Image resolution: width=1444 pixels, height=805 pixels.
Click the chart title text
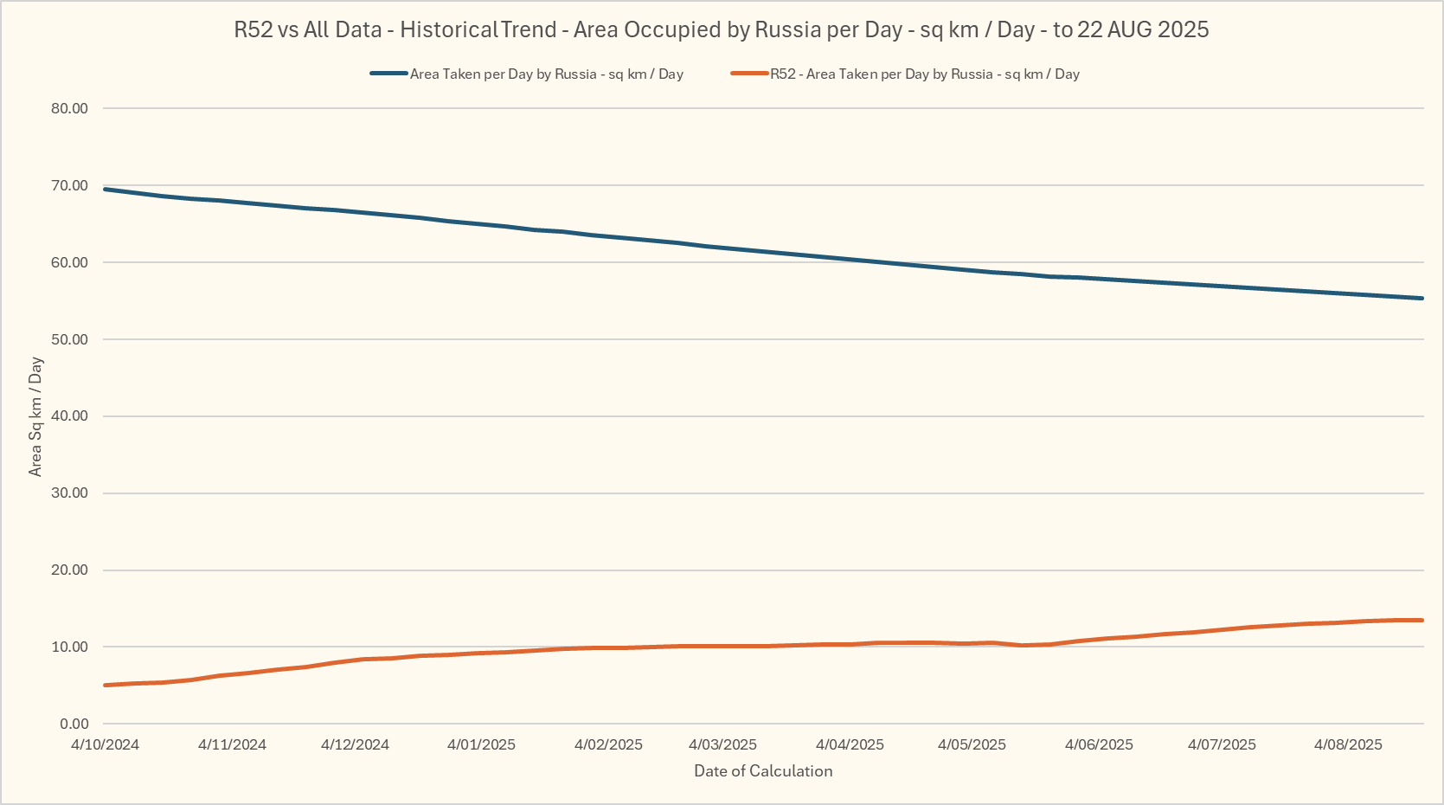pos(721,29)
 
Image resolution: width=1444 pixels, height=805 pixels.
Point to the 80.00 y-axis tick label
pos(69,108)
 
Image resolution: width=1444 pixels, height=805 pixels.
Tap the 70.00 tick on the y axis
pos(69,185)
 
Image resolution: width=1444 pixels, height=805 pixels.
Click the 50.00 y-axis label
pos(69,339)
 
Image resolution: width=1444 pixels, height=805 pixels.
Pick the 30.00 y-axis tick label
pos(69,493)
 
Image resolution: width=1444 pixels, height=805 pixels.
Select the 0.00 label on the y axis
pos(74,724)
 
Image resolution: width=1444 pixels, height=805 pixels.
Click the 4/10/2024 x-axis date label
pos(105,744)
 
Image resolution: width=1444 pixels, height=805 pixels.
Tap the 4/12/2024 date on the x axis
pos(355,744)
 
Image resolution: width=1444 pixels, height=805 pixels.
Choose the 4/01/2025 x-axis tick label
pos(481,744)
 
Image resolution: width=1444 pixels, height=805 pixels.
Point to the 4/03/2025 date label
pos(722,744)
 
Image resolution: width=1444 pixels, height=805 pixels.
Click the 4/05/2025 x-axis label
pos(972,744)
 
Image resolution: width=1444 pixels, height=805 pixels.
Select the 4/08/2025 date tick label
pos(1348,744)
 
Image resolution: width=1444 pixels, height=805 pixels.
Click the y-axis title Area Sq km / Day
pos(35,416)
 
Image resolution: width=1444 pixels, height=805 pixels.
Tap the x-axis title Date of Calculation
pos(763,771)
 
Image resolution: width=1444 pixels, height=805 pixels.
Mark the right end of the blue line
pos(1422,299)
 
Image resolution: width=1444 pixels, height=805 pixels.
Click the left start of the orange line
pos(105,686)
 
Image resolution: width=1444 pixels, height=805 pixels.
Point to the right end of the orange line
pos(1422,620)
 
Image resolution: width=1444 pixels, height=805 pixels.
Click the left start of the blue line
pos(105,189)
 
